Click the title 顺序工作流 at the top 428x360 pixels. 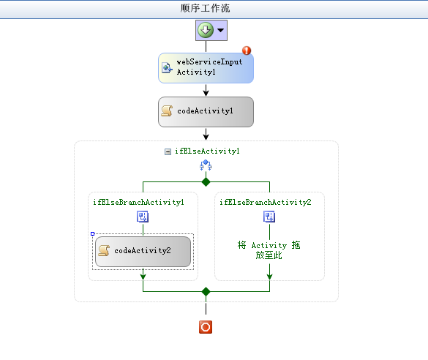pos(205,8)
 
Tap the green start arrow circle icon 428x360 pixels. pos(206,30)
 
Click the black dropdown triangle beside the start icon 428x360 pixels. pos(220,30)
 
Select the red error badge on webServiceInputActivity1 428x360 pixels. pos(247,50)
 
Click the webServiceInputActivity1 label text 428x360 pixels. pos(209,67)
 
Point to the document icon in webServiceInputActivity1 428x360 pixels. pos(167,68)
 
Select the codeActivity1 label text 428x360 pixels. pos(205,110)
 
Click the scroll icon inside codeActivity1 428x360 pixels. pos(167,110)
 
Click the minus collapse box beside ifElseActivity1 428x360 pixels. pos(168,151)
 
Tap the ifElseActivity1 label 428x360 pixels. pos(207,151)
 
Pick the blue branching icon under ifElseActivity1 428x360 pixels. pos(206,165)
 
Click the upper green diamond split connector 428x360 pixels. pos(206,181)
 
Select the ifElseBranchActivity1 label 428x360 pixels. pos(138,202)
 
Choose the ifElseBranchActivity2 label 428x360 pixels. pos(266,202)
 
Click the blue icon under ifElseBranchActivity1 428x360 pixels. pos(143,217)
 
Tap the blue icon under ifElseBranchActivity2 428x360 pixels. pos(269,217)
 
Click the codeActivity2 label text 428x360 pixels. pos(143,250)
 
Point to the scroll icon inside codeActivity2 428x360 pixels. pos(104,250)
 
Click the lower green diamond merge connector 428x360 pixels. pos(206,291)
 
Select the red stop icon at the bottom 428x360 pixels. pos(206,327)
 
